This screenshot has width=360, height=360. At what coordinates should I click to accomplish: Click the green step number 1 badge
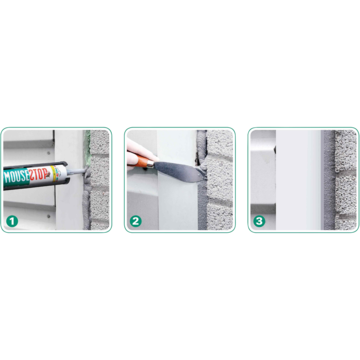coord(12,221)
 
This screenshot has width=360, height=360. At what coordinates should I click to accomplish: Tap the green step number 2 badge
coord(136,221)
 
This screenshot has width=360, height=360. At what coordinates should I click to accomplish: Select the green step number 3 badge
coord(259,221)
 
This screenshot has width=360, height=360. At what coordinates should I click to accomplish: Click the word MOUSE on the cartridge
coord(16,177)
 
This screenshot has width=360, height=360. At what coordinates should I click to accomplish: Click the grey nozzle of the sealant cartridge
coord(78,171)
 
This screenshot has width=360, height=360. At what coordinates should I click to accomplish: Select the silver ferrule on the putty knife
coord(152,164)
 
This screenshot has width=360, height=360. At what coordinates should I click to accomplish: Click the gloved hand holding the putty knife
coord(137,154)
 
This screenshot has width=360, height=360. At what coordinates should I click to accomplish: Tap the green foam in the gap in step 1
coord(88,147)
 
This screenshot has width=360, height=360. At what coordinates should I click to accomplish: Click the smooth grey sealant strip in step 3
coord(328,180)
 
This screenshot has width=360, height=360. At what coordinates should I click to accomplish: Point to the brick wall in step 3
coord(345,180)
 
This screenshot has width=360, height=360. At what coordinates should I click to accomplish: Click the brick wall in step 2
coord(219,180)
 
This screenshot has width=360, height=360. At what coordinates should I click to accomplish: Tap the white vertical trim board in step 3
coord(299,180)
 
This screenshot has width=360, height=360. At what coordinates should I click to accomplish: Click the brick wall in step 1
coord(99,180)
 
